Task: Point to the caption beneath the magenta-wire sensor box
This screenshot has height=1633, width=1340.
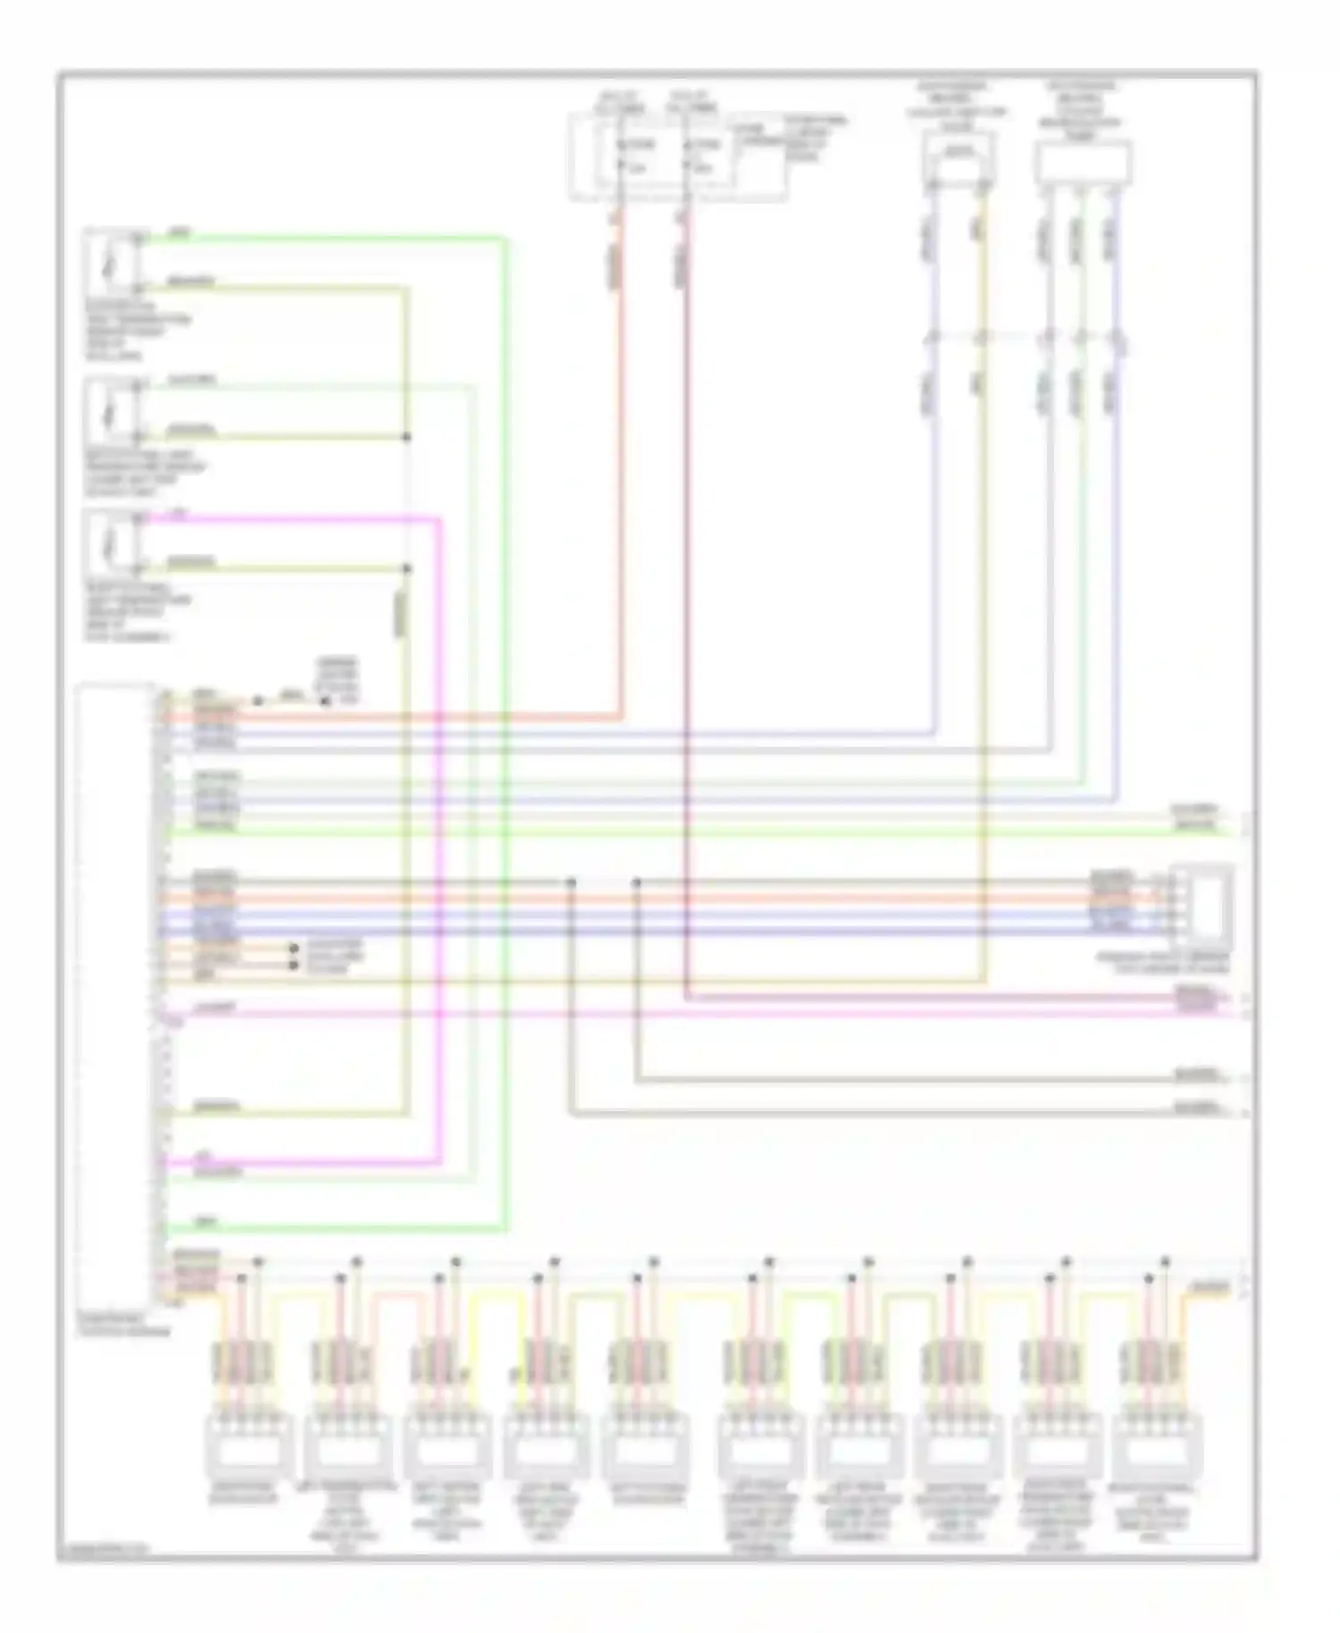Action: pyautogui.click(x=138, y=612)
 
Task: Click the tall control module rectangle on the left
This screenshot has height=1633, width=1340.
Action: pyautogui.click(x=115, y=992)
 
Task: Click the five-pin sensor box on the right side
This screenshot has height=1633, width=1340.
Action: pyautogui.click(x=1203, y=904)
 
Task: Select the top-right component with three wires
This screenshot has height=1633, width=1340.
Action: pyautogui.click(x=1083, y=163)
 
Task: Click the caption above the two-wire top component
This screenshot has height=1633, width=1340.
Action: pyautogui.click(x=958, y=106)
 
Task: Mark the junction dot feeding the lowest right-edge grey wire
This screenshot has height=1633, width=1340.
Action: pyautogui.click(x=571, y=883)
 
